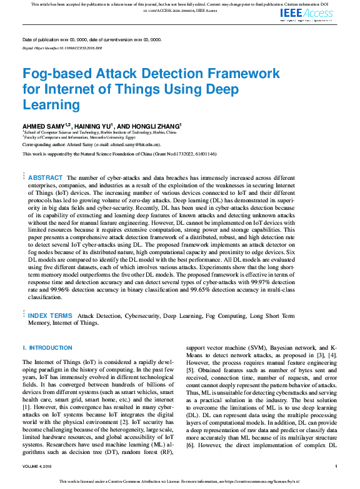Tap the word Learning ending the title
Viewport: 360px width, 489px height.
52,104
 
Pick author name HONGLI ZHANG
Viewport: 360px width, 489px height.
154,126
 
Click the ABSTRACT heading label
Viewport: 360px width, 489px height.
46,178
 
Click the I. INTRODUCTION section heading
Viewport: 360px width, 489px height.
47,347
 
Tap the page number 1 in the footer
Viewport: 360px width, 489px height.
336,467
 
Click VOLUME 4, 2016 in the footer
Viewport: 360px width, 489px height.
39,467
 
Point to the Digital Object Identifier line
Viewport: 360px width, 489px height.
62,47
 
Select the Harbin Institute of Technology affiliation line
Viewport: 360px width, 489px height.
100,132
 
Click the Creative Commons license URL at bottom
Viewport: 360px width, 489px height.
256,482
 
